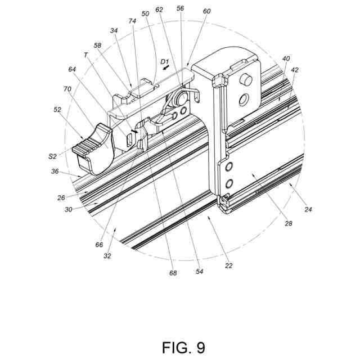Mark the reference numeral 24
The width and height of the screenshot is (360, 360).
[309, 209]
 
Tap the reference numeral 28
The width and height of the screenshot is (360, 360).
[288, 223]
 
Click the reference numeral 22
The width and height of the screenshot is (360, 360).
[228, 265]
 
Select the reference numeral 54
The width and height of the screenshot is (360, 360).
[199, 271]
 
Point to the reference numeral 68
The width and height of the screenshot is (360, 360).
[173, 273]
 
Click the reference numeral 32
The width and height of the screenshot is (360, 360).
[107, 255]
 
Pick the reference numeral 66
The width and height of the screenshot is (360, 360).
[99, 245]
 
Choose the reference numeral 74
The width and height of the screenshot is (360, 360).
[132, 21]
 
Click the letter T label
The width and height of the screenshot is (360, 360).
[85, 55]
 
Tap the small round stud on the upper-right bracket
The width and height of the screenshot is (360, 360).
[246, 80]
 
